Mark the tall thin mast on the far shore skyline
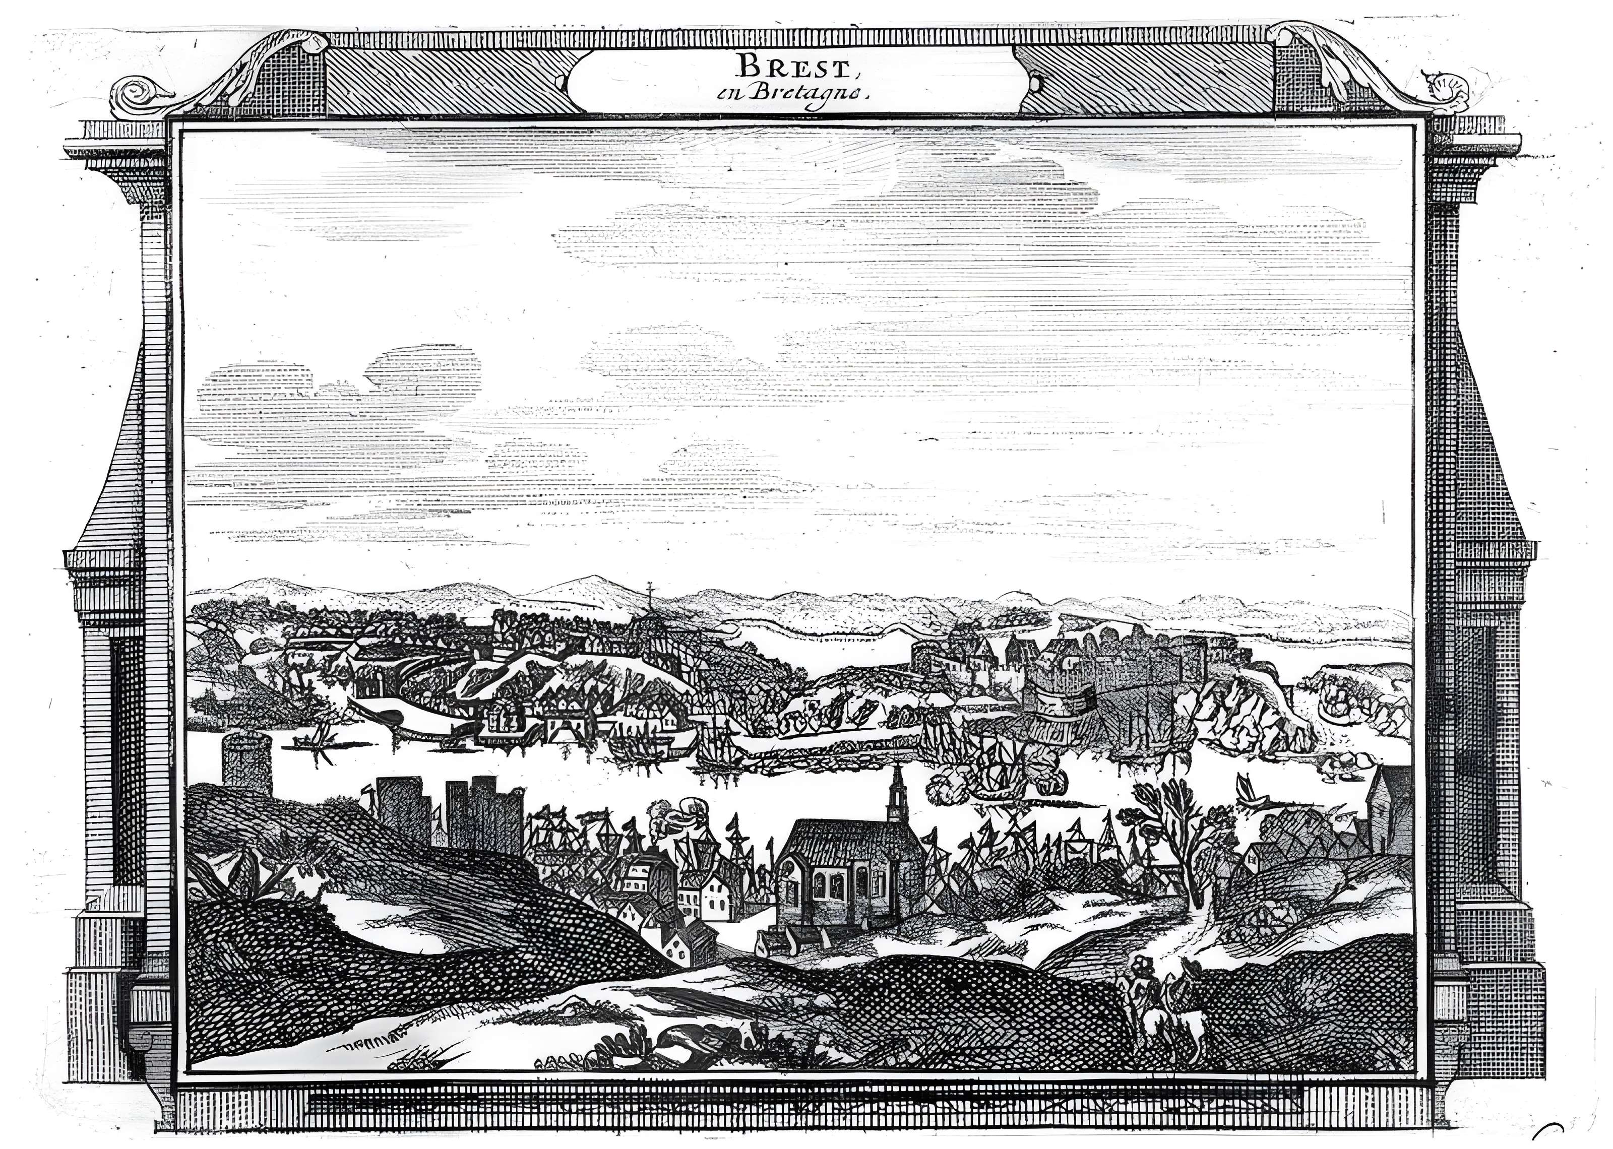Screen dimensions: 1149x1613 pos(649,601)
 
